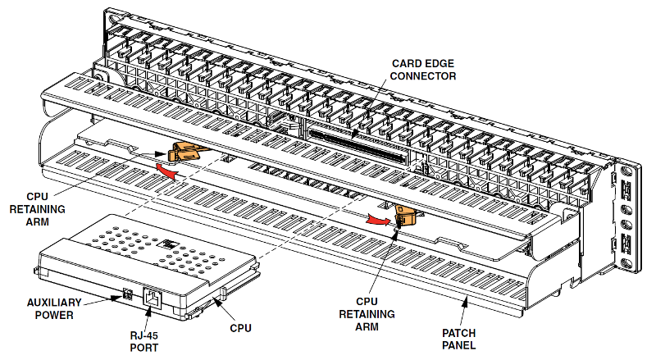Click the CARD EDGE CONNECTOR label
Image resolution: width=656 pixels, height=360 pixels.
423,70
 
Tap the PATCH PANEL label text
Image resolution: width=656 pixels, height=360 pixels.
459,339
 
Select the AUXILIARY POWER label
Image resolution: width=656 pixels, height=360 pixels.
54,309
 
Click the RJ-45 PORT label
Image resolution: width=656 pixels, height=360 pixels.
144,342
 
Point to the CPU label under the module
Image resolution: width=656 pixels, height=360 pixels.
240,328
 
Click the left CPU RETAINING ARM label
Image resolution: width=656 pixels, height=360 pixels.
37,209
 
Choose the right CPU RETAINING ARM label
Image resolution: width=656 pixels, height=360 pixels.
367,314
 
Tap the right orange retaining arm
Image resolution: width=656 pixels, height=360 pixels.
405,215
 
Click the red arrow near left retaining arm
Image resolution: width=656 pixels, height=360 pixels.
166,171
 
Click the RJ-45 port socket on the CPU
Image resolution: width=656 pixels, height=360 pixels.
153,298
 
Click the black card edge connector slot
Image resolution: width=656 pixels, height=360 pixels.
358,146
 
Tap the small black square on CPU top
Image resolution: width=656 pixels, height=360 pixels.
171,244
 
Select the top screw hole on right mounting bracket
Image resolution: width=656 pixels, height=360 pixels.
626,171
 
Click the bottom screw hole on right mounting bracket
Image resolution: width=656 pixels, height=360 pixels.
626,263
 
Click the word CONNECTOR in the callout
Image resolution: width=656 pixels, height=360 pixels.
423,76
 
